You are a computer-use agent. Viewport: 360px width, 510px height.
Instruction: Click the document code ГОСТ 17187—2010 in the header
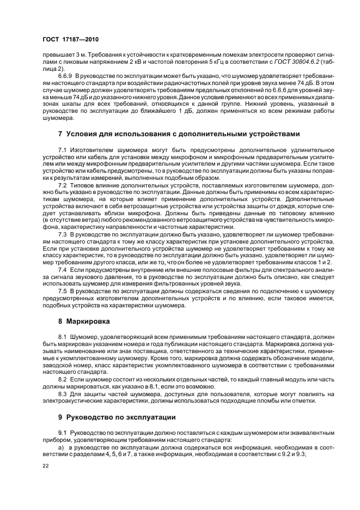tap(71, 40)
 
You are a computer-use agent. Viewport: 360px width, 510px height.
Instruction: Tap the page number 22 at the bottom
tap(46, 465)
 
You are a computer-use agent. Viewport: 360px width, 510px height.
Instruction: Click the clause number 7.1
tap(62, 149)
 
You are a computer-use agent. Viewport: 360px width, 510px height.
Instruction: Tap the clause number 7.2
tap(62, 185)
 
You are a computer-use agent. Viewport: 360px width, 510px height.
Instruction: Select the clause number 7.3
tap(62, 234)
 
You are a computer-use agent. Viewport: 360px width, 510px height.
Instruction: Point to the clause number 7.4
tap(62, 270)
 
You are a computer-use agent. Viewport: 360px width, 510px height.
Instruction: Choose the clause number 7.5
tap(62, 291)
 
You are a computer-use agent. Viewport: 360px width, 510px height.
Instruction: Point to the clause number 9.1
tap(62, 432)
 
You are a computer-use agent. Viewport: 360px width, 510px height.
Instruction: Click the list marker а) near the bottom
tap(62, 447)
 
